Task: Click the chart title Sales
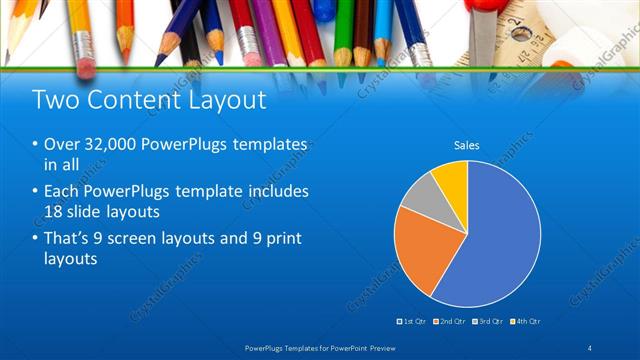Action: click(467, 145)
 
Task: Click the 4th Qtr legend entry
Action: click(527, 321)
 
